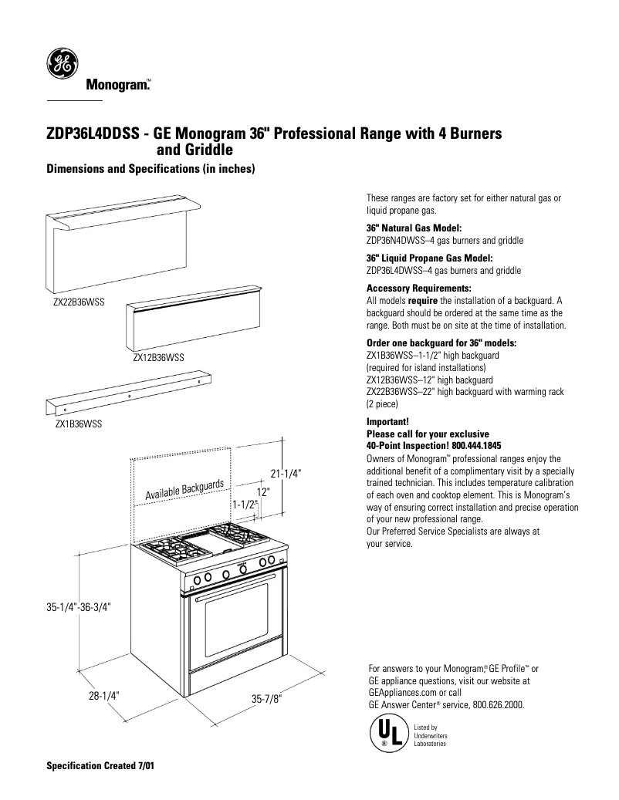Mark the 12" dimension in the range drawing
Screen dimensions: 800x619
click(263, 491)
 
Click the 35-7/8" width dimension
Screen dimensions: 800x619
click(267, 698)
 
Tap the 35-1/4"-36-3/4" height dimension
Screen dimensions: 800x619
click(79, 607)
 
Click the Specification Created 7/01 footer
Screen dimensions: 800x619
click(101, 768)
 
